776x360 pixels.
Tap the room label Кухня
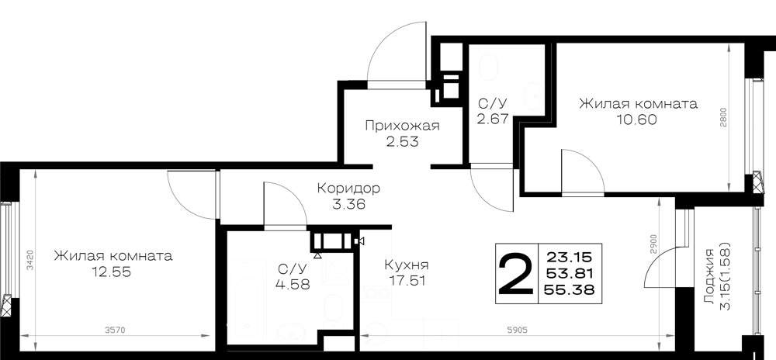[407, 265]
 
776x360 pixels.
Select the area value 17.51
[407, 281]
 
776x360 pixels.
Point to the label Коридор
[348, 189]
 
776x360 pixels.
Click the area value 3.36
[349, 204]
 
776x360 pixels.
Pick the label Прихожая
[402, 126]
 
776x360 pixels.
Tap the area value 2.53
[402, 142]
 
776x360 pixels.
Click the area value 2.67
[493, 119]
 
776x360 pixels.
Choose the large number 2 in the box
[514, 273]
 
